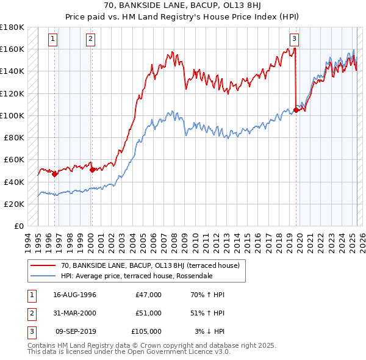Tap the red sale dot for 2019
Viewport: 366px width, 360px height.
point(296,110)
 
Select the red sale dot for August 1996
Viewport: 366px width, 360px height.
point(54,174)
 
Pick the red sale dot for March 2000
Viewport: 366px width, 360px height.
point(92,170)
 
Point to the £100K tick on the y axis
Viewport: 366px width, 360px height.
point(12,115)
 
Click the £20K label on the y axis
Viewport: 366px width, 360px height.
point(14,204)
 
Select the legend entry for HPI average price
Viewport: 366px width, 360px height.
point(137,276)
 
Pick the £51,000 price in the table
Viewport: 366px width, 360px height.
point(148,313)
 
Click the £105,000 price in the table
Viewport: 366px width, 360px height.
point(146,331)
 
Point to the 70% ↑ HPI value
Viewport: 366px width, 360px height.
point(207,295)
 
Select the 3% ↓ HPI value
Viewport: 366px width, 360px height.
point(209,331)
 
